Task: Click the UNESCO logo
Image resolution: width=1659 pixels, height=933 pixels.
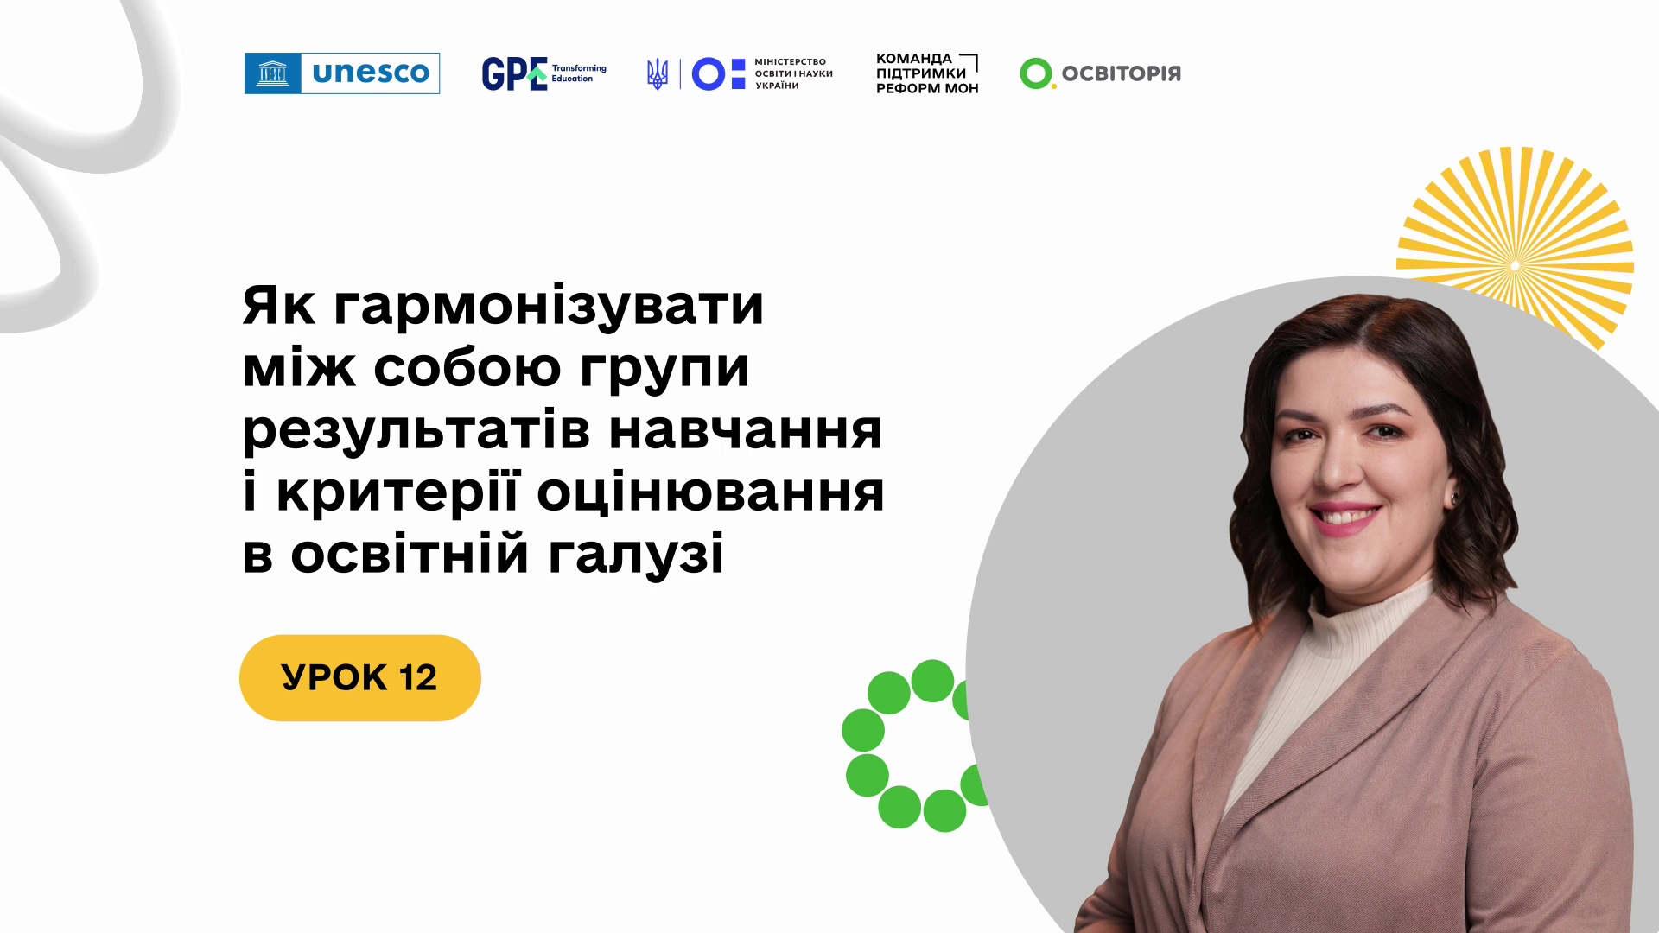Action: [x=342, y=73]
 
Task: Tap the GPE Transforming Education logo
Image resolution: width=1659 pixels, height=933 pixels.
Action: [x=544, y=73]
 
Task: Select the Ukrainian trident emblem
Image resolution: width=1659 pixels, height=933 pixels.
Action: [x=658, y=74]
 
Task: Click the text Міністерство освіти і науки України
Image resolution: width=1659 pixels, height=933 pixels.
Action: [x=793, y=73]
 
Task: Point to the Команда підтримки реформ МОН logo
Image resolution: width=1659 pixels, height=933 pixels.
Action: [x=927, y=73]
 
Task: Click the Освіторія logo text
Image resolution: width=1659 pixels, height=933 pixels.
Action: [x=1121, y=73]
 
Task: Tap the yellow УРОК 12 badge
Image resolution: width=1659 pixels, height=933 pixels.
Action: [x=360, y=678]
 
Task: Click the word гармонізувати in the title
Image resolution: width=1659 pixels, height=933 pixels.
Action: [x=549, y=307]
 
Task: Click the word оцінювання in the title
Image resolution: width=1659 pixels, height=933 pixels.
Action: [x=710, y=493]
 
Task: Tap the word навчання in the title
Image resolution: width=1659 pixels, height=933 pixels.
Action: [x=746, y=430]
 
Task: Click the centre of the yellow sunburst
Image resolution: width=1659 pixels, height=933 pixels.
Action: [x=1515, y=265]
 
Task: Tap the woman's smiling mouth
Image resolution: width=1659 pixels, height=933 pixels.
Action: [x=1345, y=517]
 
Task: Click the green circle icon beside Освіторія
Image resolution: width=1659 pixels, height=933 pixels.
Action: [x=1036, y=73]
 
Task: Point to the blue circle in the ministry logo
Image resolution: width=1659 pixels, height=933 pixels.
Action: [x=709, y=74]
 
